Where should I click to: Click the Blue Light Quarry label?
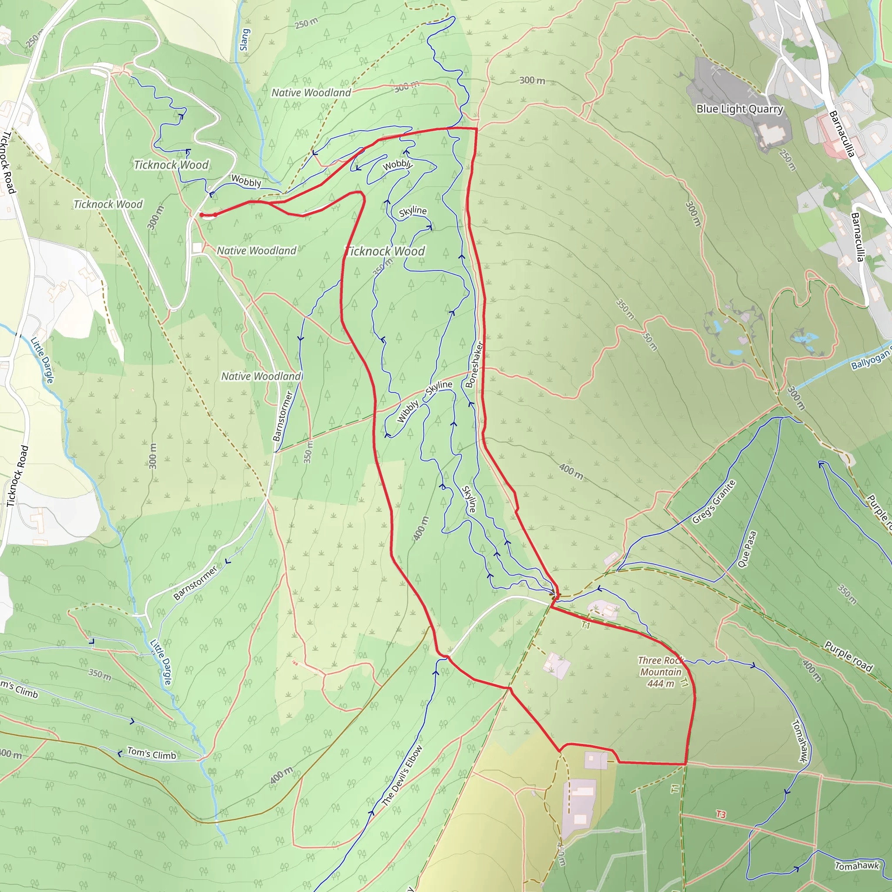coord(740,109)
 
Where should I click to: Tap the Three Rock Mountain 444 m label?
coord(660,672)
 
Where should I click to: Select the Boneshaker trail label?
coord(474,365)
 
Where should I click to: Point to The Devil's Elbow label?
coord(402,776)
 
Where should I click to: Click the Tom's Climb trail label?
coord(152,753)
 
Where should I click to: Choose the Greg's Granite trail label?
coord(713,502)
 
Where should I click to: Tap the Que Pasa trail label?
coord(747,549)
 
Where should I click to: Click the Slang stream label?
coord(245,40)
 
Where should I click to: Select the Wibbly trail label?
coord(408,411)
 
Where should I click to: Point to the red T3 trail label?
coord(721,814)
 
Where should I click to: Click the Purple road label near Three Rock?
coord(848,656)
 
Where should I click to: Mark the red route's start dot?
coord(202,215)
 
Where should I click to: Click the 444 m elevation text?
coord(661,684)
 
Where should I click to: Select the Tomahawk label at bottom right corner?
coord(856,866)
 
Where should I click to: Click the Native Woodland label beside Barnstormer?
coord(261,376)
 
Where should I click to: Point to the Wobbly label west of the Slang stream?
coord(246,181)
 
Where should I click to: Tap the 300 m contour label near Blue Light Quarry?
coord(532,80)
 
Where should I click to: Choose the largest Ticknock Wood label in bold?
coord(385,251)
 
